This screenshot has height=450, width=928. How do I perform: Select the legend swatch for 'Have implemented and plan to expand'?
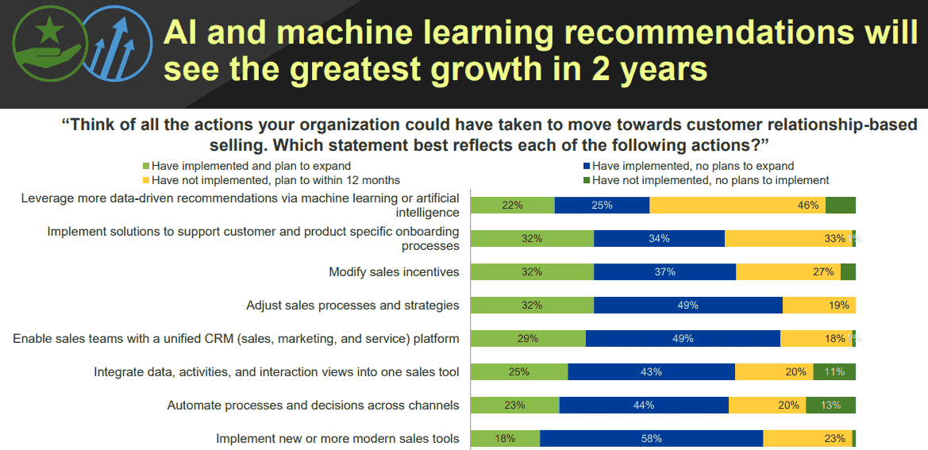[x=145, y=167]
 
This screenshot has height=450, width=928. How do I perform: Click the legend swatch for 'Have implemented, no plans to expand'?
[x=586, y=167]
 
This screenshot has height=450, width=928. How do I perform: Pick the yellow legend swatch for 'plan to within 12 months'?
[x=145, y=180]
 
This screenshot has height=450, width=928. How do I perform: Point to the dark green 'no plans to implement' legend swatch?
[x=586, y=180]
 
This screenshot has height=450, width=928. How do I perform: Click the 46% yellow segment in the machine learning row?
[x=737, y=205]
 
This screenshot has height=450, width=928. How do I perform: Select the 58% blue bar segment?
[x=651, y=438]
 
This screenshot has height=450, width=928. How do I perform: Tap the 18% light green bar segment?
[x=505, y=438]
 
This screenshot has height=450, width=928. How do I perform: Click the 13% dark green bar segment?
[x=830, y=405]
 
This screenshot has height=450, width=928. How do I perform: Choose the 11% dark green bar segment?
[x=834, y=371]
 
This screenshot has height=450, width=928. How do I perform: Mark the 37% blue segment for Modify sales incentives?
[x=664, y=271]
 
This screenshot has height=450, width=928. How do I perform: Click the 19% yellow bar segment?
[x=818, y=305]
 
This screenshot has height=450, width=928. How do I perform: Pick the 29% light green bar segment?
[x=528, y=338]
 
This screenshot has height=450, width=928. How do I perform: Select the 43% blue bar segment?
[x=651, y=371]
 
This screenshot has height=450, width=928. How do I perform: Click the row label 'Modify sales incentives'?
[x=394, y=272]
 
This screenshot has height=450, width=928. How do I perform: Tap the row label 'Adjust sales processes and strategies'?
[x=352, y=305]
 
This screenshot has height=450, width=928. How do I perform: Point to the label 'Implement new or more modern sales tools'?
[x=337, y=439]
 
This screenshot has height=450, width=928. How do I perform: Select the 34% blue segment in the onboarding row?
[x=659, y=238]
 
